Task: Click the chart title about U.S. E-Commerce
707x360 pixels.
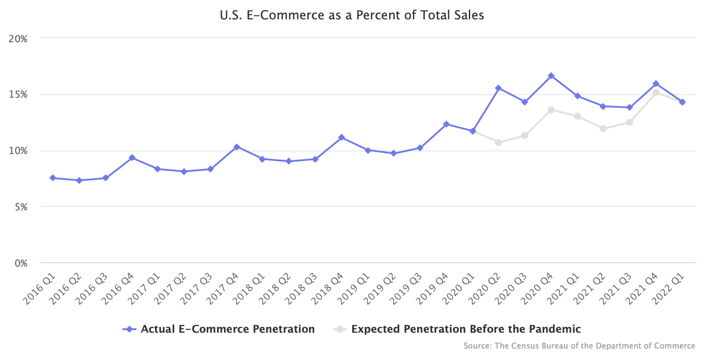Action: point(352,15)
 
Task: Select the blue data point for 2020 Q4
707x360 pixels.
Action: point(551,76)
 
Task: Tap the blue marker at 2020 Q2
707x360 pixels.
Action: point(498,88)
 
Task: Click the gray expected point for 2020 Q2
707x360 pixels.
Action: point(498,143)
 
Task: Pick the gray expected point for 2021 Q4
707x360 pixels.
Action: point(656,92)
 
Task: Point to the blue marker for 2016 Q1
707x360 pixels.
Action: point(53,178)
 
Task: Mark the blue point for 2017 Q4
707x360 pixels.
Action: point(236,147)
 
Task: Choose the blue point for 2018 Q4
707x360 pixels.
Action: point(342,137)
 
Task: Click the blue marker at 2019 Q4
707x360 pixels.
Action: point(446,124)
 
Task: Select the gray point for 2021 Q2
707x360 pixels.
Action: point(603,129)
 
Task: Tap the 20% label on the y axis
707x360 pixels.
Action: point(18,39)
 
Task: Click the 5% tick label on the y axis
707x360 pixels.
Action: point(21,207)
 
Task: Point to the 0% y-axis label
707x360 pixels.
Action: point(21,263)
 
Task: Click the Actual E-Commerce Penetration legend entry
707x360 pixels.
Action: point(228,329)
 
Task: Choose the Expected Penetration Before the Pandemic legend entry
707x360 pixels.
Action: point(466,329)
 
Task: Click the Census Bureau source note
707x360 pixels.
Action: point(579,346)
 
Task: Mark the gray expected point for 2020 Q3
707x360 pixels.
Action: point(524,136)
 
